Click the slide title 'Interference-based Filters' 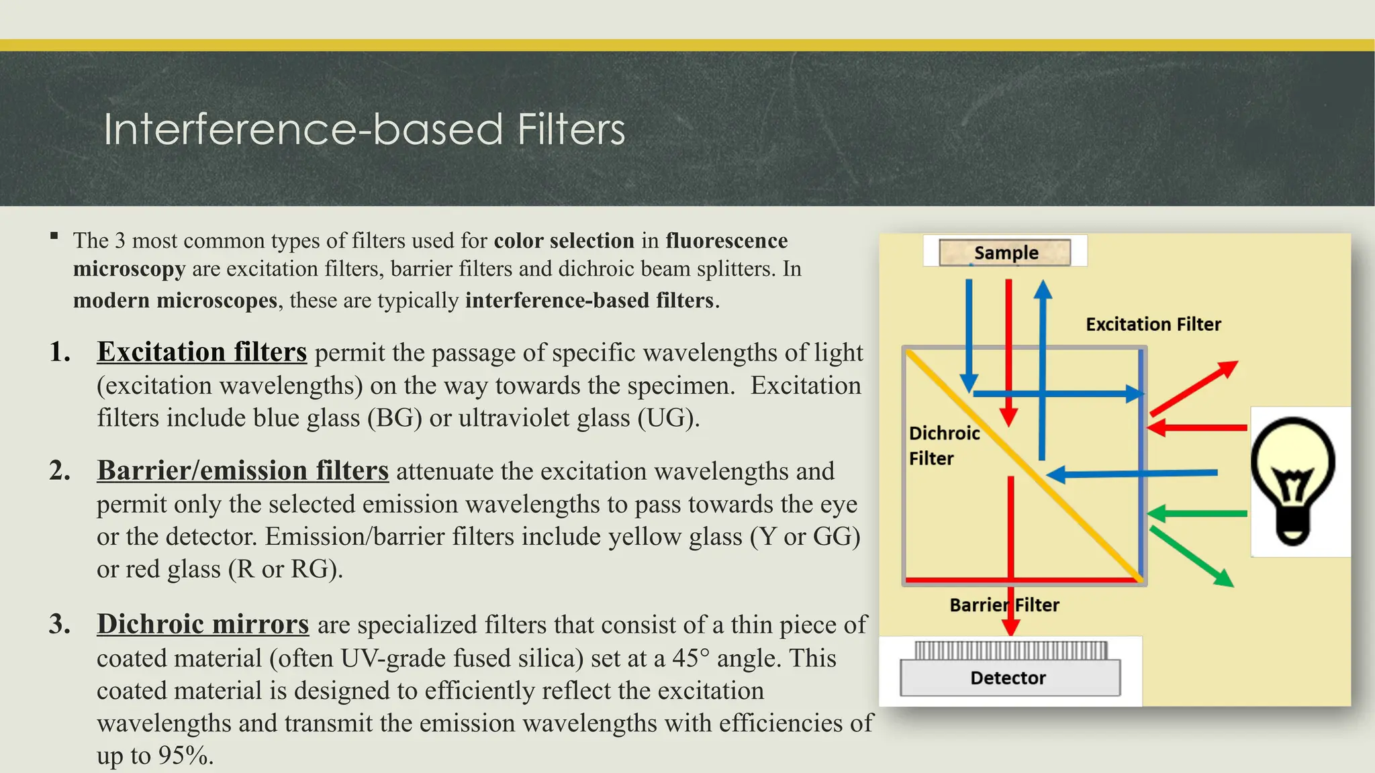tap(364, 129)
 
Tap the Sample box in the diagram tap(1005, 252)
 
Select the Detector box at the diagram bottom tap(1009, 678)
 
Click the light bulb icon tap(1292, 480)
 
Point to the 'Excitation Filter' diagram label tap(1153, 324)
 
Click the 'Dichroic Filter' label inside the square tap(943, 446)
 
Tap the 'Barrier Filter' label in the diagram tap(1004, 605)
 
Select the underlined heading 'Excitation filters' tap(201, 352)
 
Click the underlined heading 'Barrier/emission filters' tap(242, 470)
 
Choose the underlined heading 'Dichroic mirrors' tap(203, 624)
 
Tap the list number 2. tap(60, 470)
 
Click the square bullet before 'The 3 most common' tap(54, 236)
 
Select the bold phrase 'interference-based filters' tap(589, 300)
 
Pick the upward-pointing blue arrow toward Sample tap(1042, 369)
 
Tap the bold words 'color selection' tap(564, 240)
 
